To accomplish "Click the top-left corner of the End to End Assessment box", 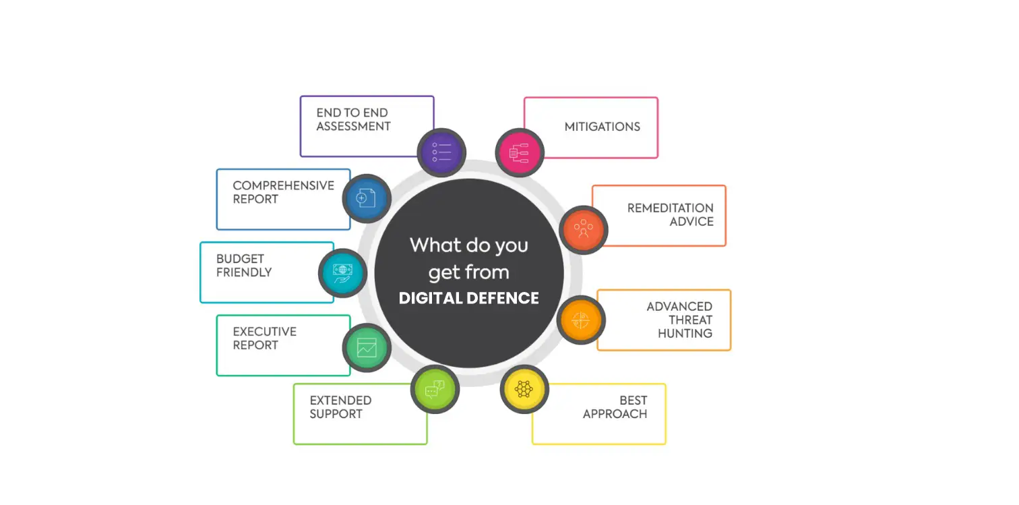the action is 301,96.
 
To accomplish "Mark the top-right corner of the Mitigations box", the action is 658,97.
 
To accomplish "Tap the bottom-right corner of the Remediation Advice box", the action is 726,245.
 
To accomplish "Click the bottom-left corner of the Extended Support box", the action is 294,444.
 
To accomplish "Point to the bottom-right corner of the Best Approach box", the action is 666,444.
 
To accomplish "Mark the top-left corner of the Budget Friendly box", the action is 200,243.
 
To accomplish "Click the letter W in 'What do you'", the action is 419,245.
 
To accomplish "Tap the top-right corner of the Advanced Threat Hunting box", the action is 731,291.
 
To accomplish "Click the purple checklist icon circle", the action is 441,152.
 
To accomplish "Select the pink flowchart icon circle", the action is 520,152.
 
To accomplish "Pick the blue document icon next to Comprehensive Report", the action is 367,198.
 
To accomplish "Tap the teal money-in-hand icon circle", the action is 342,273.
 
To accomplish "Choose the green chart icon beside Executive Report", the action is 367,348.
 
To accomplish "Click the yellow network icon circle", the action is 524,390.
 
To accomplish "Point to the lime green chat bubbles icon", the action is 435,390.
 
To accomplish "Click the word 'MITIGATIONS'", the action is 603,127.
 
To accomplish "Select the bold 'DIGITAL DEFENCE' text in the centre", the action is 468,299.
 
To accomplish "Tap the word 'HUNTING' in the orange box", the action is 685,334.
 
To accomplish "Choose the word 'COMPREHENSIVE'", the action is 284,185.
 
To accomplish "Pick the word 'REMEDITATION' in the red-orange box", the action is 671,208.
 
